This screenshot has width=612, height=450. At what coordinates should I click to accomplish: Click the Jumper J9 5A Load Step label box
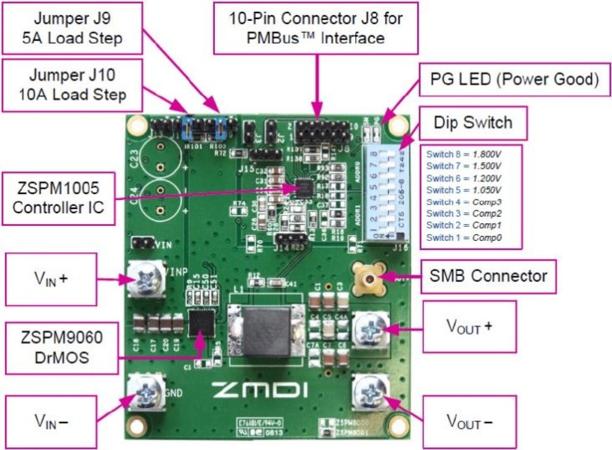[x=73, y=28]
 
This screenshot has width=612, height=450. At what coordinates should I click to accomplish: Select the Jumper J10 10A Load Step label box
[x=73, y=84]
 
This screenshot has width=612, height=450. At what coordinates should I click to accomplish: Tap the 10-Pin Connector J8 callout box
[x=317, y=28]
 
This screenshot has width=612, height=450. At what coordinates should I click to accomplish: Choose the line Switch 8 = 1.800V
[x=463, y=154]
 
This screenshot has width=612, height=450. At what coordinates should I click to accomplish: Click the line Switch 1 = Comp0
[x=463, y=237]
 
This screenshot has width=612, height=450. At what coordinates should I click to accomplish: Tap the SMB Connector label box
[x=488, y=276]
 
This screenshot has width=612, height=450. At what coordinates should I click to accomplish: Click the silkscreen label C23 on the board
[x=134, y=157]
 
